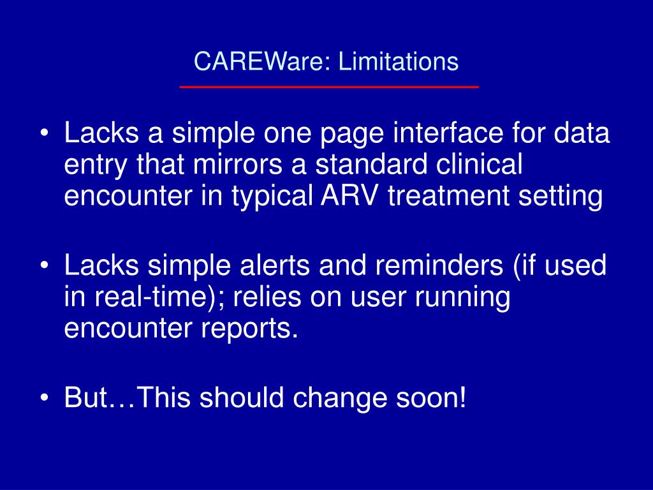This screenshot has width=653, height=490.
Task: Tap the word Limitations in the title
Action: click(x=399, y=62)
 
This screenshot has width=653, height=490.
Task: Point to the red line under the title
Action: click(x=329, y=86)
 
